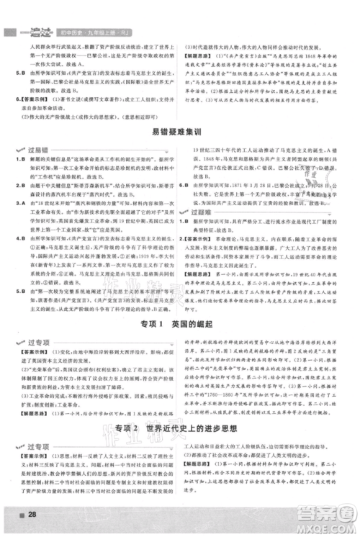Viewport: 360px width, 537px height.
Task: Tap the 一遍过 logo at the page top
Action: tap(22, 12)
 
